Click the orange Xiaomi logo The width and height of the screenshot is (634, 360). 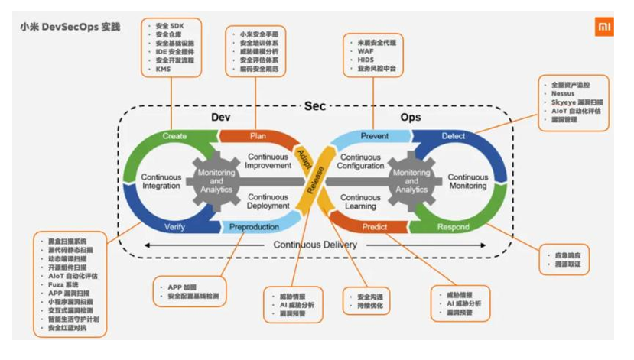coord(604,28)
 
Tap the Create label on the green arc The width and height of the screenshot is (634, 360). coord(174,136)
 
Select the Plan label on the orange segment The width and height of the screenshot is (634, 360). coord(258,136)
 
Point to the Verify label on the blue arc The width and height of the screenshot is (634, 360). coord(174,227)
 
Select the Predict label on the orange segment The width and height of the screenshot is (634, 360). coord(375,227)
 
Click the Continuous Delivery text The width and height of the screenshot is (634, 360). coord(315,245)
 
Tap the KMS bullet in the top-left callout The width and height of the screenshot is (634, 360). coord(163,69)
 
